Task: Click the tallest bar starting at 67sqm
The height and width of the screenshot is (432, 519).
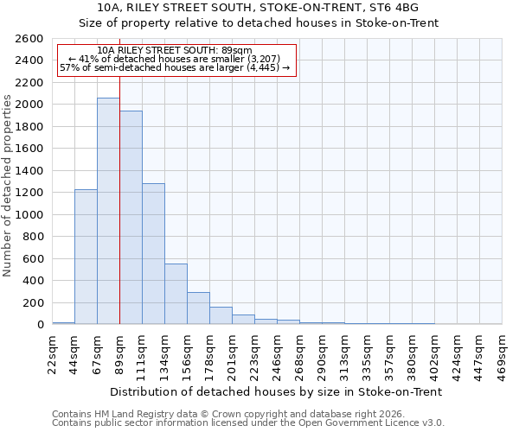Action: [108, 212]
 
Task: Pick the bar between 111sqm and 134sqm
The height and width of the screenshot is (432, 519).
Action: [153, 254]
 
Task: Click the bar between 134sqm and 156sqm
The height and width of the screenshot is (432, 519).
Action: [176, 294]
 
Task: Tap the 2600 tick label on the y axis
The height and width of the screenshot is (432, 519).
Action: [29, 39]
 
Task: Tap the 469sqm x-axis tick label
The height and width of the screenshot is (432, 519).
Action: [502, 354]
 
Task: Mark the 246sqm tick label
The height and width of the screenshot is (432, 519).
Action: [277, 354]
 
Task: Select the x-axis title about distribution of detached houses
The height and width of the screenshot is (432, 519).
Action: [277, 391]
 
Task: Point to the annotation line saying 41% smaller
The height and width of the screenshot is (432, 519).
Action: [174, 59]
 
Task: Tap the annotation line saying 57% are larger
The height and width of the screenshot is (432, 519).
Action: [174, 67]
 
